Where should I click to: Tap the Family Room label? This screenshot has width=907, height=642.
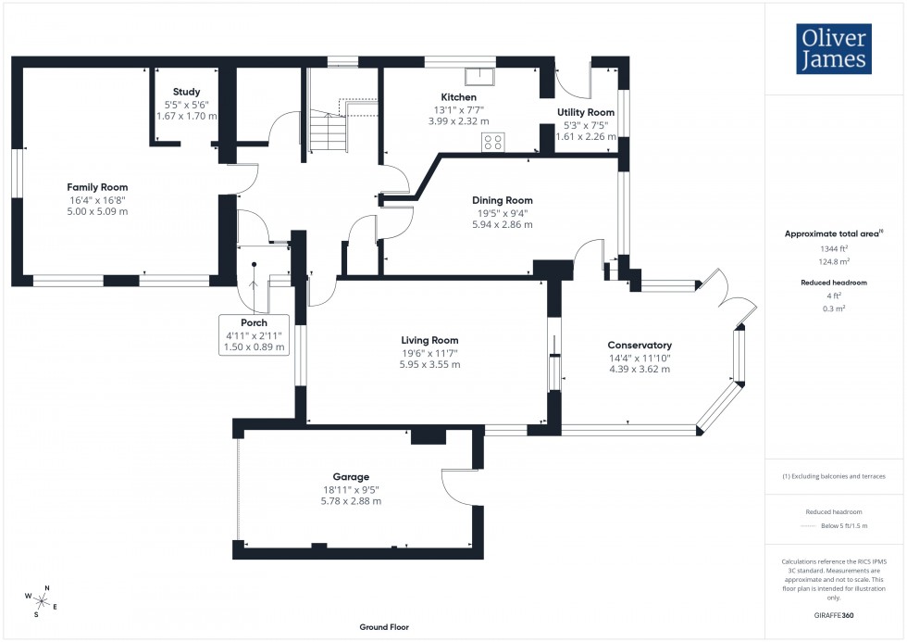click(x=97, y=187)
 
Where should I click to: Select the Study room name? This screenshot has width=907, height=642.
click(x=189, y=92)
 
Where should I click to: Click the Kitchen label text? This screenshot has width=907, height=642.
click(x=458, y=97)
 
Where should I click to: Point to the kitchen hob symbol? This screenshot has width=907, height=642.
click(x=493, y=142)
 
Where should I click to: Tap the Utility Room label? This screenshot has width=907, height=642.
click(x=585, y=112)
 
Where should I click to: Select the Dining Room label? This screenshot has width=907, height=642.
click(x=502, y=200)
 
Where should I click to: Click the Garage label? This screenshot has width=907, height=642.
click(x=352, y=477)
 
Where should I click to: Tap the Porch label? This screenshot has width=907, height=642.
click(x=254, y=323)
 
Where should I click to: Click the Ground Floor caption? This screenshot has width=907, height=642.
click(x=384, y=627)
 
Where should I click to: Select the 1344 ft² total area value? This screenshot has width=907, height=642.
click(x=835, y=248)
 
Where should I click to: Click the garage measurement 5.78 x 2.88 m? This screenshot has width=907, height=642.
click(x=352, y=501)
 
